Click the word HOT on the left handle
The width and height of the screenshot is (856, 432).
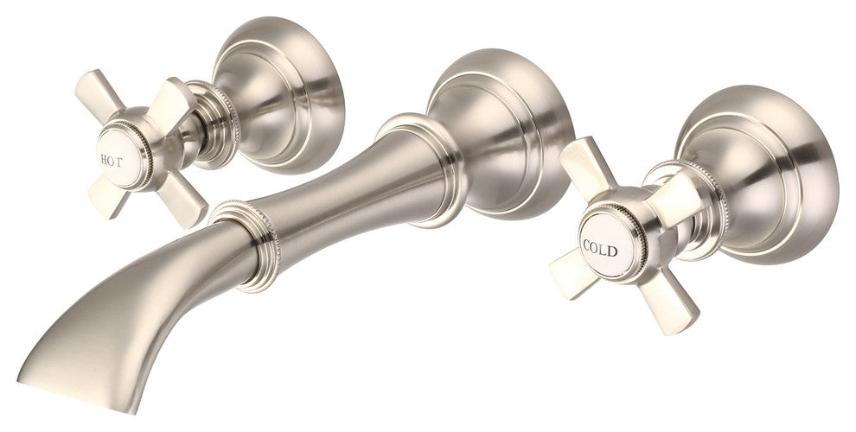[111, 161]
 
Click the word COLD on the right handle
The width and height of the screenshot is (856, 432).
[600, 248]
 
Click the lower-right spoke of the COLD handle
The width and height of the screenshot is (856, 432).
[668, 300]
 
